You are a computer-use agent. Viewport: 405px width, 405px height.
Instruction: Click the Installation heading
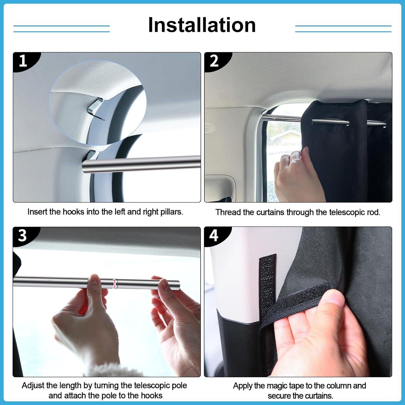click(x=202, y=25)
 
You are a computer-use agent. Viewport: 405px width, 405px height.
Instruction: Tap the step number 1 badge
click(x=23, y=61)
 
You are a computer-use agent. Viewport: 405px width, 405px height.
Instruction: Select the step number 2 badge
click(x=214, y=61)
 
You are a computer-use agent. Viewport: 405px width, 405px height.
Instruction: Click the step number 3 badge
click(x=22, y=235)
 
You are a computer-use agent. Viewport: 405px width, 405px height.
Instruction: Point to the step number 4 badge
click(x=214, y=235)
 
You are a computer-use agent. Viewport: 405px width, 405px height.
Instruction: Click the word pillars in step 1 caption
click(x=170, y=212)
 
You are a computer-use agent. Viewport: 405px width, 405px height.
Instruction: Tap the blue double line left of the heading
click(x=62, y=29)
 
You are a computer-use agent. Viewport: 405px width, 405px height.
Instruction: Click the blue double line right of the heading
click(x=343, y=29)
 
